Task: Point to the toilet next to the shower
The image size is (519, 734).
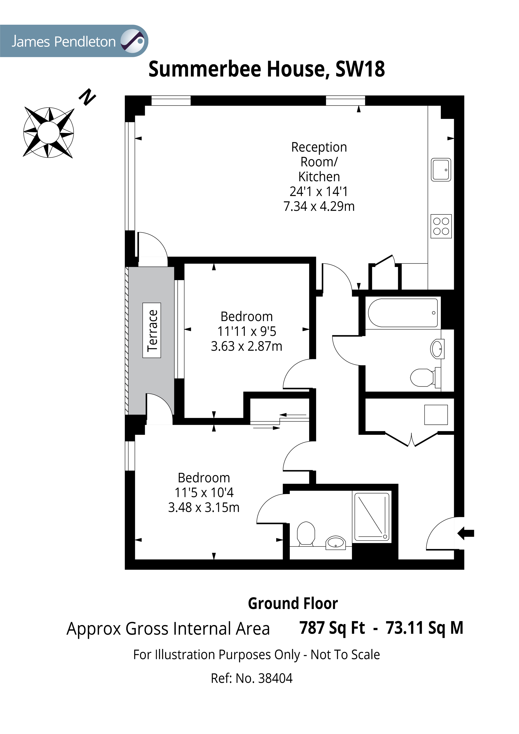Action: coord(306,533)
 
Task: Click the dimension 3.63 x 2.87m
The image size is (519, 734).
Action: coord(246,346)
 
